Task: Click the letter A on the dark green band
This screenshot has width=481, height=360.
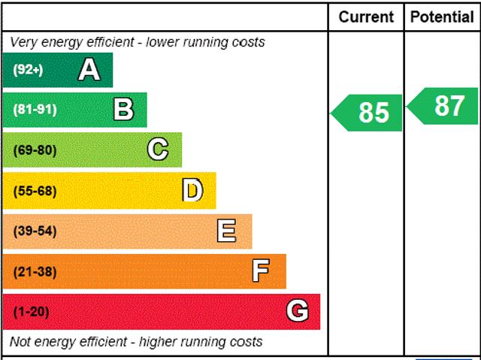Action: coord(89,70)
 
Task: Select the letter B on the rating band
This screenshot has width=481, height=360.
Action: coord(123,110)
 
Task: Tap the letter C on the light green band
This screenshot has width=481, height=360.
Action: coord(158,150)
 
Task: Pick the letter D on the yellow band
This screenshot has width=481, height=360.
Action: coord(192,190)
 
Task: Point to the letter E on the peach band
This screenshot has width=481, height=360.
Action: coord(226,231)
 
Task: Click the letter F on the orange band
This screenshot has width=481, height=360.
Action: coord(261,271)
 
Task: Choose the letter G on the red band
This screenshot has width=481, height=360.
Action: coord(298,311)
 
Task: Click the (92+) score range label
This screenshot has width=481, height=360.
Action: coord(28,70)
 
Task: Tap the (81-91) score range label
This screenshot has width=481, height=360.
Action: coord(35,110)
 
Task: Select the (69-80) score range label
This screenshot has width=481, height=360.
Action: coord(35,150)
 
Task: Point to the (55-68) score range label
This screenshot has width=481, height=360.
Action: coord(35,191)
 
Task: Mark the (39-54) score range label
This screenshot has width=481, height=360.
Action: coord(35,231)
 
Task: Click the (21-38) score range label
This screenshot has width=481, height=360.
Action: coord(35,271)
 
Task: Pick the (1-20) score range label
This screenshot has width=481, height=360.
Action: coord(31,312)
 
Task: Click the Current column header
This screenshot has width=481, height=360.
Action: coord(366,17)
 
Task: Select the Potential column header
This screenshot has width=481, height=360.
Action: coord(443,17)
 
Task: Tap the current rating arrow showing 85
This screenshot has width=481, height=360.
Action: coord(368,112)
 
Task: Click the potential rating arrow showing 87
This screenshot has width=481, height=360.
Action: coord(444,106)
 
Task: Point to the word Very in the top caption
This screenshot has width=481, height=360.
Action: coord(23,42)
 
